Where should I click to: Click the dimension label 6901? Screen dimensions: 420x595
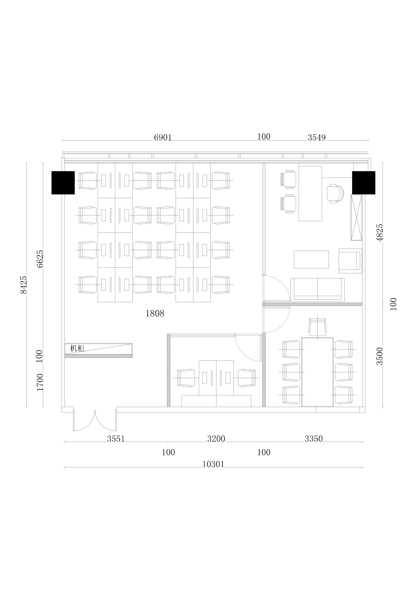tap(163, 138)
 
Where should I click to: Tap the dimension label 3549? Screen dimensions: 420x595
tap(317, 138)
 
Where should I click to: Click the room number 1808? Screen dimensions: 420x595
tap(155, 314)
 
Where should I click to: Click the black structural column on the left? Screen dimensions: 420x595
tap(63, 183)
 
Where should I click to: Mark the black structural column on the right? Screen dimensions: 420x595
tap(364, 183)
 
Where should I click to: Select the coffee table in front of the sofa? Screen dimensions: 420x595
tap(311, 259)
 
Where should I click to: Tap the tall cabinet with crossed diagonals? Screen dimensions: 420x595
tap(356, 217)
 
